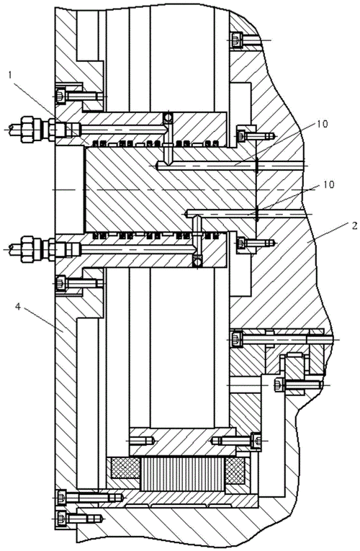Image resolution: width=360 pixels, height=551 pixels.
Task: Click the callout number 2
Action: pos(354,225)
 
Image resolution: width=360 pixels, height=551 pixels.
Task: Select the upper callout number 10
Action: pos(323,124)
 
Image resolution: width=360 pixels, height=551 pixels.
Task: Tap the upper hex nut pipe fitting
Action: pos(35,130)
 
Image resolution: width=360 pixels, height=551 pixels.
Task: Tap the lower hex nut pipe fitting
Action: pos(35,248)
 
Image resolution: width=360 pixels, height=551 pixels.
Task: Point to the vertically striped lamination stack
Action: pos(182,475)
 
